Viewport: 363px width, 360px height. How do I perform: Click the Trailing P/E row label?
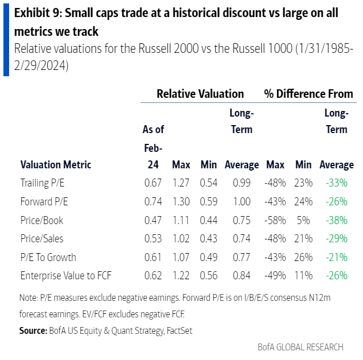click(x=40, y=183)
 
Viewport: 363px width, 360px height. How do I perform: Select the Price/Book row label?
click(x=42, y=220)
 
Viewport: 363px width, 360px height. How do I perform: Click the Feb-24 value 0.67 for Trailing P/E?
click(x=152, y=183)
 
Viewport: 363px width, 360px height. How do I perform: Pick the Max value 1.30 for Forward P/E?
click(x=181, y=201)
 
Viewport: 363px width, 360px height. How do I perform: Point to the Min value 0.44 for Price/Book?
click(x=209, y=220)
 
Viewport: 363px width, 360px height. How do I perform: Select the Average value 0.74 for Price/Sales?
click(x=242, y=238)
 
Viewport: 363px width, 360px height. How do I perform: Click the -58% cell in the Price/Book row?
click(x=275, y=220)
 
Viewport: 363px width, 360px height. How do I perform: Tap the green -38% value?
click(x=336, y=220)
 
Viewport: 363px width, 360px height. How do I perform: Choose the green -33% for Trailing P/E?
click(x=336, y=183)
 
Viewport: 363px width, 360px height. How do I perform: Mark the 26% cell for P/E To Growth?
click(x=303, y=257)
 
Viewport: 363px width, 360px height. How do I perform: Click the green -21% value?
click(x=336, y=257)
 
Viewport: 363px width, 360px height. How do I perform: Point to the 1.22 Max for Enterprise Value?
click(x=181, y=275)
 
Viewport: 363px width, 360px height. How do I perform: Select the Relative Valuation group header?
click(x=200, y=94)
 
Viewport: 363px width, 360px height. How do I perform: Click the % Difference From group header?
click(x=308, y=94)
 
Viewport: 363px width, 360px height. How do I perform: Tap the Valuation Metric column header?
click(x=56, y=165)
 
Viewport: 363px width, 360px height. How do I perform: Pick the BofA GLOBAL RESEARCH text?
click(x=301, y=346)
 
